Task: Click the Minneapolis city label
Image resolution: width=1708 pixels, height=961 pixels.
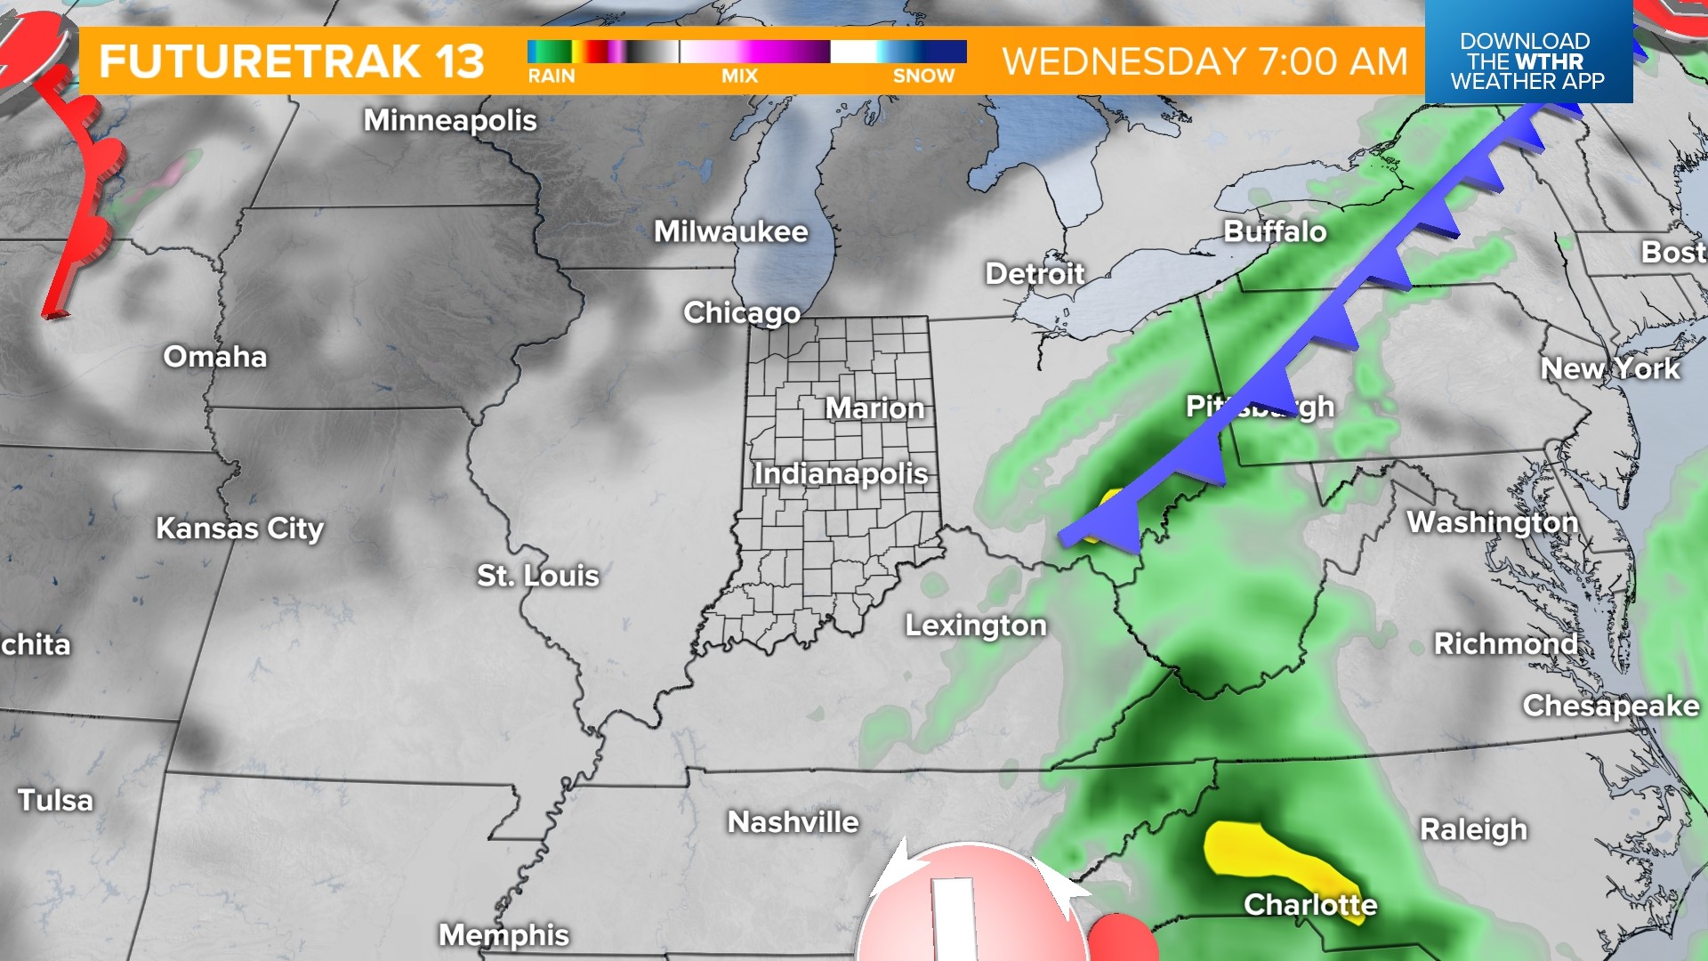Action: [x=450, y=120]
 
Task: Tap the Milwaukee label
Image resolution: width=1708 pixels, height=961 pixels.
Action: [x=731, y=231]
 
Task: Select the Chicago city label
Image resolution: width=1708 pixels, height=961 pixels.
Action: [x=742, y=312]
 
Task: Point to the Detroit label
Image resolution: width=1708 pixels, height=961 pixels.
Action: [x=1035, y=273]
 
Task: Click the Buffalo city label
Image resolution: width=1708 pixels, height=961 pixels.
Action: [x=1275, y=231]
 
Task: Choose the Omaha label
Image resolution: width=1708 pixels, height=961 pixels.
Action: [x=215, y=357]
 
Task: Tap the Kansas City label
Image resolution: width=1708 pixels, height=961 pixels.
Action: [x=239, y=529]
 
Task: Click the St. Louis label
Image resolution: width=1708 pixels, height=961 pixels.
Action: [x=538, y=576]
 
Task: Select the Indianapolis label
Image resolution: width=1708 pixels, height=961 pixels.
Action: [x=841, y=473]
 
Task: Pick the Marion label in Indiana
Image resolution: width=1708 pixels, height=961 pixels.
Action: [x=875, y=408]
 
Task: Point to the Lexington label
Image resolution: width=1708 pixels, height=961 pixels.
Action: [x=976, y=626]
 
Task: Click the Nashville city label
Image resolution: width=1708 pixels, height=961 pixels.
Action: [x=794, y=822]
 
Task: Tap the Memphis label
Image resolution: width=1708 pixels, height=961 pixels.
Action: [x=504, y=935]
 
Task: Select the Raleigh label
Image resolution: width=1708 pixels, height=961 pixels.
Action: [x=1473, y=829]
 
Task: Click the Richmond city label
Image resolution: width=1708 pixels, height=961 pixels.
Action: [x=1505, y=643]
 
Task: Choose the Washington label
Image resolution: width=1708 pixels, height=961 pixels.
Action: [x=1492, y=522]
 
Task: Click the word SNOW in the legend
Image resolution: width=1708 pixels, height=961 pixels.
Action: [x=923, y=77]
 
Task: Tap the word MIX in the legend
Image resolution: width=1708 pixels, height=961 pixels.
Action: [x=739, y=77]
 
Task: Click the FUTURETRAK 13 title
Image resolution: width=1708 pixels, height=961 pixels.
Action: [x=292, y=61]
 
